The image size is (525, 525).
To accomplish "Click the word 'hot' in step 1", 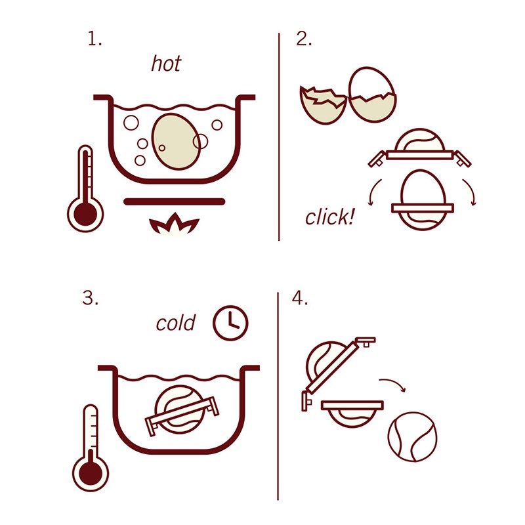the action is click(166, 63).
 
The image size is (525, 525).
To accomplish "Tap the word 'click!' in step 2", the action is click(329, 217).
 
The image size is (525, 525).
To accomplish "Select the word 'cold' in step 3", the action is click(175, 323).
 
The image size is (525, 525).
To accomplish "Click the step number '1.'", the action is click(94, 39).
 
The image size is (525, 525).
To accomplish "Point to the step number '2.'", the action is click(304, 39).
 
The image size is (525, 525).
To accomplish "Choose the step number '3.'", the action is click(91, 298).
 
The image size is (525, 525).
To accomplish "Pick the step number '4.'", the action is click(300, 298).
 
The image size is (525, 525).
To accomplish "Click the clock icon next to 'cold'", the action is click(231, 323).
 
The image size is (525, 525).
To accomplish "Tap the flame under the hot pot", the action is click(174, 223).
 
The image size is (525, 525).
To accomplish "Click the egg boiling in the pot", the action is click(175, 142).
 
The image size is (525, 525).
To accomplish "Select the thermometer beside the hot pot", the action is click(85, 190).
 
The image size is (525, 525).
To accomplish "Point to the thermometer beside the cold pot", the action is click(91, 448).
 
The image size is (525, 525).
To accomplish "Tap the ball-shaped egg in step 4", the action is click(413, 436).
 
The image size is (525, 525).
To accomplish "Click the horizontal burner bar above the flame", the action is click(175, 201).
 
